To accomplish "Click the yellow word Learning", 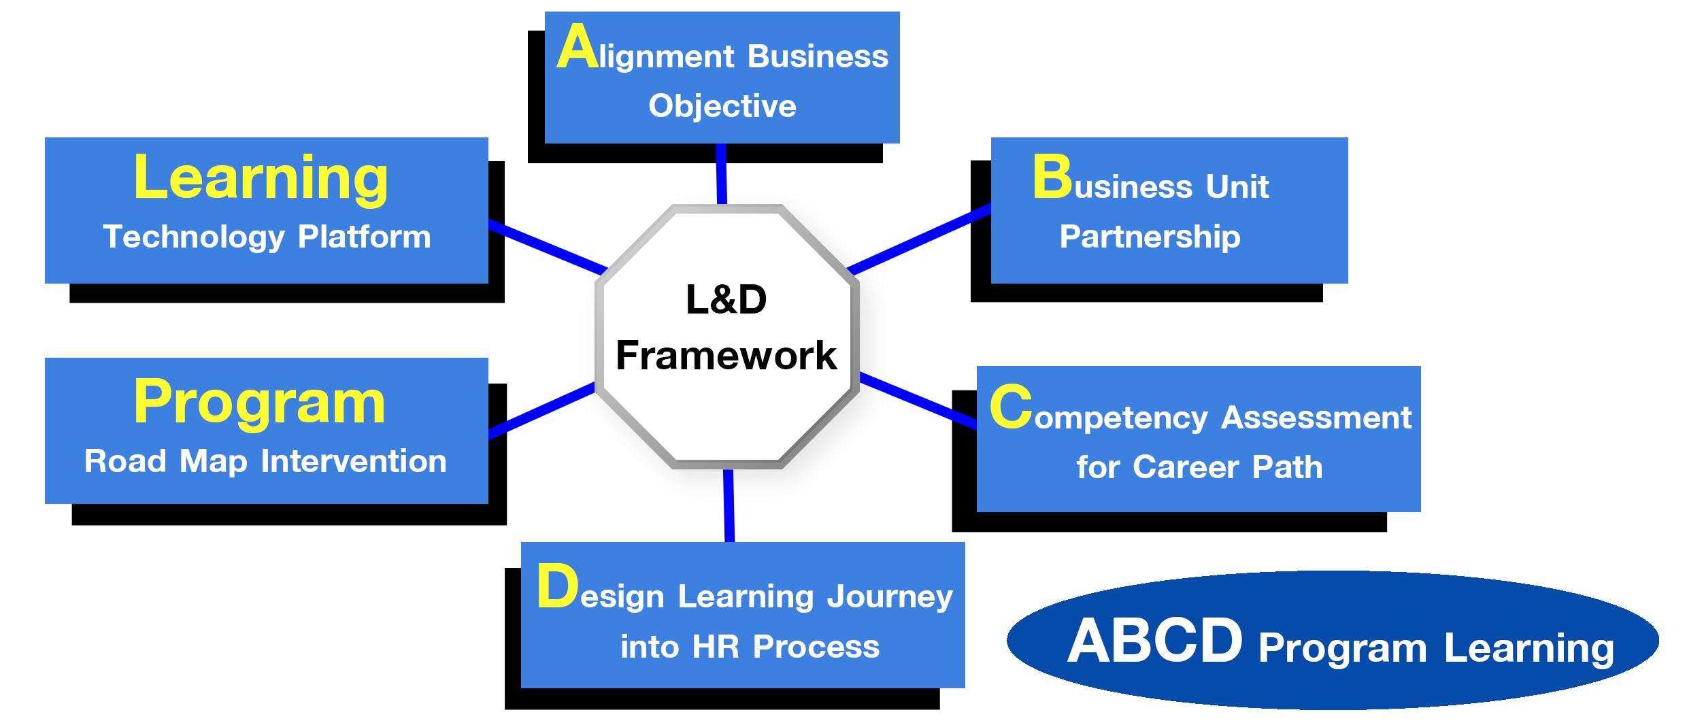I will tap(261, 178).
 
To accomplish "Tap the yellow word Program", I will tap(259, 403).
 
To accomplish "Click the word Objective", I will tap(722, 106).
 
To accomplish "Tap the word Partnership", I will tap(1150, 237).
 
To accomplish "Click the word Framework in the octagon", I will tap(726, 356).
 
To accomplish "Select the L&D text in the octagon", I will tap(726, 299).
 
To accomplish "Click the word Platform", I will tap(364, 237).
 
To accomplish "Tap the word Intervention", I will tap(354, 461).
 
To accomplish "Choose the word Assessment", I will tap(1316, 417).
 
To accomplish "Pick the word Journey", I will tap(890, 596).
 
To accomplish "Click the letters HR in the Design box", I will tap(716, 647).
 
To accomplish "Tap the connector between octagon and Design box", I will tap(726, 507).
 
